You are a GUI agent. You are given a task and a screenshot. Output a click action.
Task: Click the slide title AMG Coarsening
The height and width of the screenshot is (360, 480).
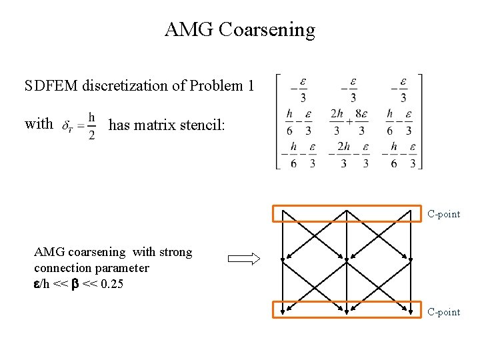click(x=239, y=30)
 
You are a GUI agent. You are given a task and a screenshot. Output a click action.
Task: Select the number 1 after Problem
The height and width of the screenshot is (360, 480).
click(x=251, y=86)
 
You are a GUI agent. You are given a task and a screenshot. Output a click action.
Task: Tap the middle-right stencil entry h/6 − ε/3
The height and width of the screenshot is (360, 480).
click(x=399, y=122)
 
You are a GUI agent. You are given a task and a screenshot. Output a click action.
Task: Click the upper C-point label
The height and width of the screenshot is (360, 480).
click(x=443, y=215)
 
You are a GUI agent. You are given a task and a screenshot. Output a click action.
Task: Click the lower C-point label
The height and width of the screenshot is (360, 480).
click(x=443, y=312)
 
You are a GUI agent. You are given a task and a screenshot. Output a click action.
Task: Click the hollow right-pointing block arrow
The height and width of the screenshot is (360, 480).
click(x=244, y=260)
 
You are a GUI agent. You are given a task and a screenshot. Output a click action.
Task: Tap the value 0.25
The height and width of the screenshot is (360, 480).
click(x=109, y=285)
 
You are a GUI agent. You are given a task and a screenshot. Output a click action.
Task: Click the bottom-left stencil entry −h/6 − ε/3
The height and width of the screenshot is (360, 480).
click(x=297, y=155)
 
